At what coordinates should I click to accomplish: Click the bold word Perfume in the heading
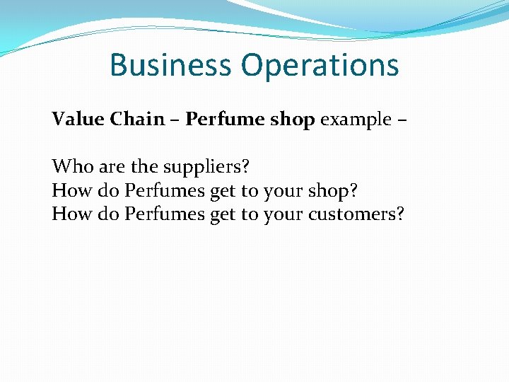222,120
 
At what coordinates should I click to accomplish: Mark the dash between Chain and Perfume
175,120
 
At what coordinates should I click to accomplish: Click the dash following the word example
402,120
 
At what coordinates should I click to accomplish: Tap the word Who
69,167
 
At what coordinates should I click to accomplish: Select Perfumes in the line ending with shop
165,191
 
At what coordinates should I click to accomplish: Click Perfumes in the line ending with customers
165,214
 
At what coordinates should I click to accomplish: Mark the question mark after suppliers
245,167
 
